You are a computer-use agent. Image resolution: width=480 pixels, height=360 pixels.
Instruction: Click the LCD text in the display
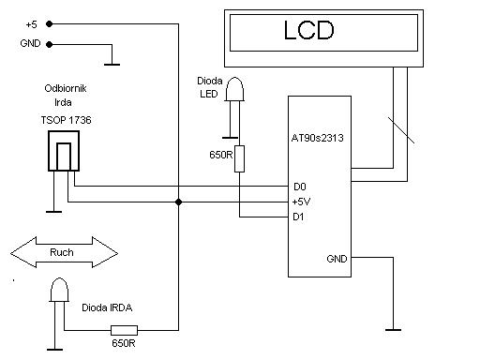click(x=308, y=30)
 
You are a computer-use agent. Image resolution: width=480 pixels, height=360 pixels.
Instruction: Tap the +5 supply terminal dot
click(x=50, y=23)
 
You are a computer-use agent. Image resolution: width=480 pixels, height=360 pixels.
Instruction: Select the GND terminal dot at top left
click(x=50, y=44)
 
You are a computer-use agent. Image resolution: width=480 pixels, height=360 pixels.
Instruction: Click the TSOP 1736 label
click(x=66, y=120)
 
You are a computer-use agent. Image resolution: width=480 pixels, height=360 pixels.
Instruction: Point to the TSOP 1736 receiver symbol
click(x=64, y=151)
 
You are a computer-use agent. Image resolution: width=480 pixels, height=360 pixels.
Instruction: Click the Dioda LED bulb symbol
click(x=234, y=89)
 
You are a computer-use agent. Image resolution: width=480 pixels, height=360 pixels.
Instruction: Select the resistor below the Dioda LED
click(x=239, y=158)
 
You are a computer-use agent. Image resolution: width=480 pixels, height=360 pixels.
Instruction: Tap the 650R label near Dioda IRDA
click(x=124, y=343)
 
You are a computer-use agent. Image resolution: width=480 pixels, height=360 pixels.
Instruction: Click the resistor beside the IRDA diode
click(x=124, y=330)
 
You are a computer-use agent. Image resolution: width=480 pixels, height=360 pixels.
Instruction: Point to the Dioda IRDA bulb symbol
click(x=59, y=290)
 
